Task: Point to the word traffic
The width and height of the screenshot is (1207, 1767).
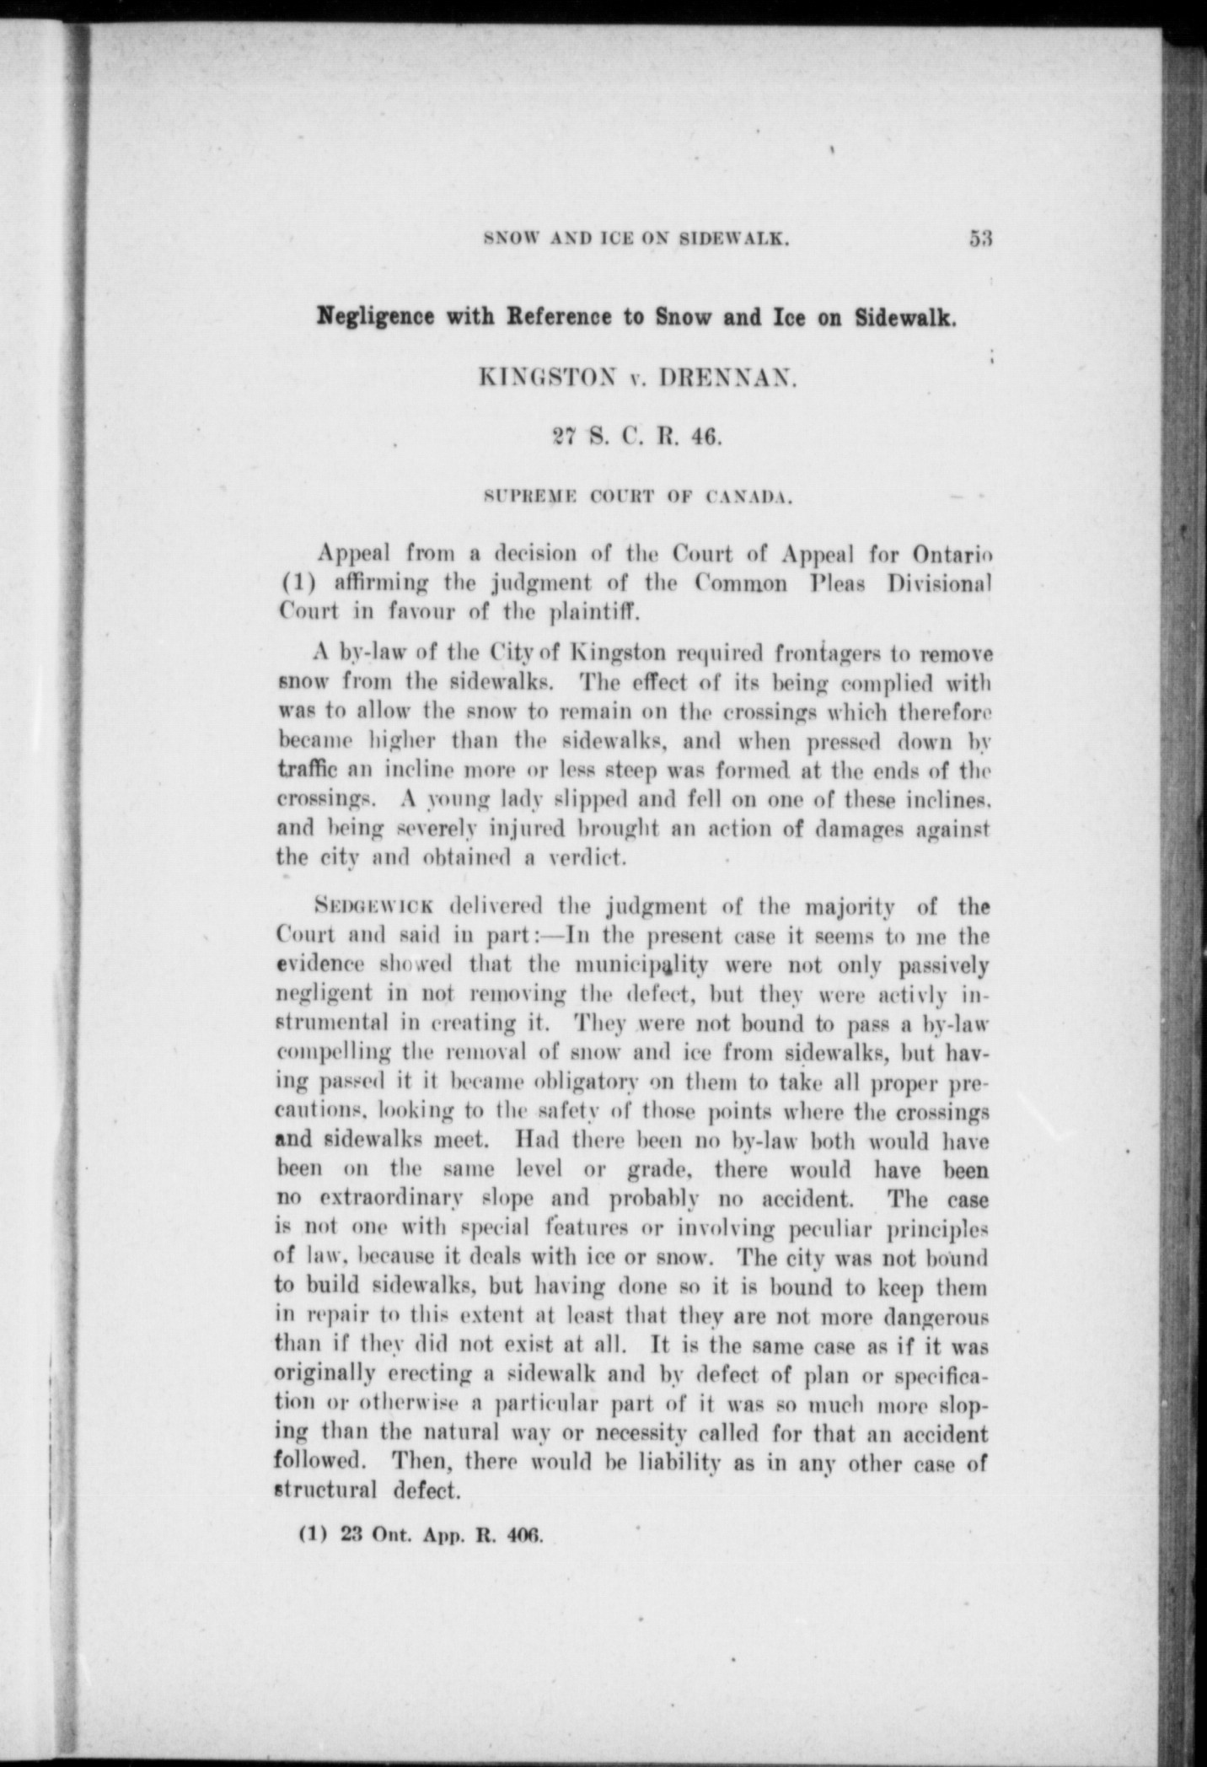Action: pos(308,770)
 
